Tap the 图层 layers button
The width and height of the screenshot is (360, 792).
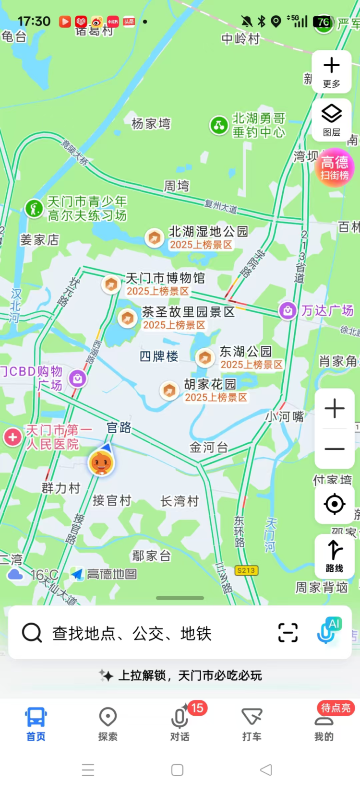(332, 119)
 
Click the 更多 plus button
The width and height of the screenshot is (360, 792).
(332, 71)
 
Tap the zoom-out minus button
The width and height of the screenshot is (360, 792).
(335, 449)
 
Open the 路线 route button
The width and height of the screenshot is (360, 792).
(335, 556)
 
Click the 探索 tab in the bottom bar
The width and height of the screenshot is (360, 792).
(108, 724)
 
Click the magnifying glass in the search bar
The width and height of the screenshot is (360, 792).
(32, 633)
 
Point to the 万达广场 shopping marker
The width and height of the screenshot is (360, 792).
(287, 311)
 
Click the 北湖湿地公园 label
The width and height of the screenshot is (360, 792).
(208, 232)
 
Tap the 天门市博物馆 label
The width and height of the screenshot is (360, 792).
(165, 278)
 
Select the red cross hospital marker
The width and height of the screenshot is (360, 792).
(12, 437)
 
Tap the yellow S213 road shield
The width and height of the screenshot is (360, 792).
(246, 570)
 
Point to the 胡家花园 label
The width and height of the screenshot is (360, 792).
(210, 384)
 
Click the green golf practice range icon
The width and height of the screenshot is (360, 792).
(34, 209)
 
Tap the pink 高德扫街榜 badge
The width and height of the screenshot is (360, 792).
(335, 168)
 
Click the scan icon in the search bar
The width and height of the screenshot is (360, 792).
(288, 633)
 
